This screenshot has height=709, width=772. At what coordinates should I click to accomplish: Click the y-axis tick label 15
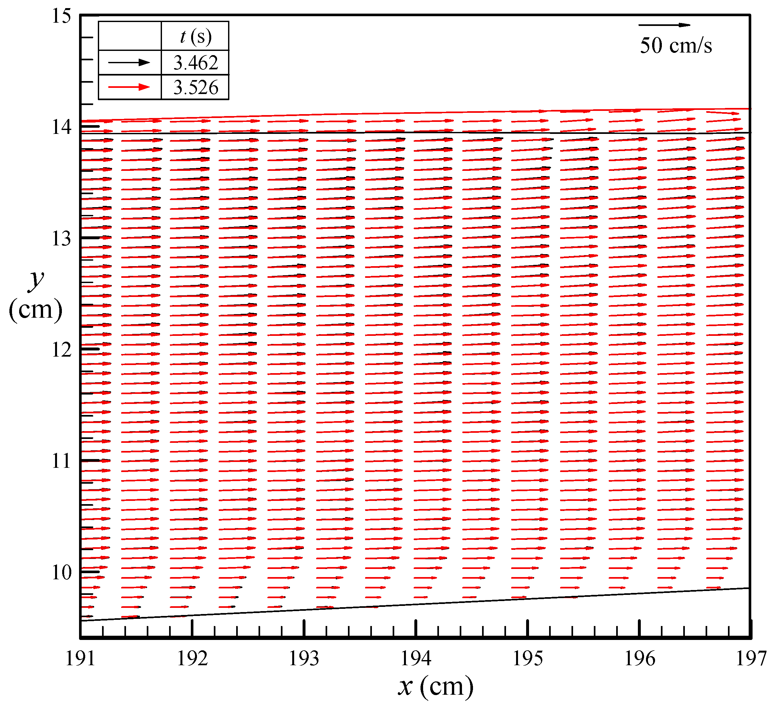61,17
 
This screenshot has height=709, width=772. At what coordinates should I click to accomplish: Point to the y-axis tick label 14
61,127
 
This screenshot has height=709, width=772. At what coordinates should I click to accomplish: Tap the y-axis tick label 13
61,239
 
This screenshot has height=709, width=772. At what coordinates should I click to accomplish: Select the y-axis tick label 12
61,349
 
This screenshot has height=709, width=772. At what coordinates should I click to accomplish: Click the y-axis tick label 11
61,461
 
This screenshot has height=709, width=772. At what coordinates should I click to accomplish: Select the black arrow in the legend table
129,63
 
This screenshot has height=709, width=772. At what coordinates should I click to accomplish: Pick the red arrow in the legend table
129,87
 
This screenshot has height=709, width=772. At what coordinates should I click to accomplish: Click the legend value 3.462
195,63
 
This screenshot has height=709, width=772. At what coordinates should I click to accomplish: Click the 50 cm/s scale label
676,46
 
